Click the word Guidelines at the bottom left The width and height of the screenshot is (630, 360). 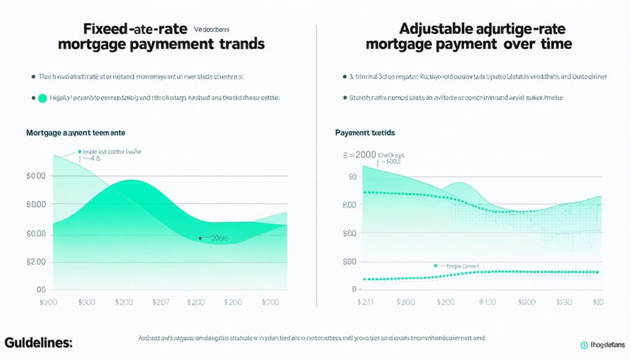(38, 343)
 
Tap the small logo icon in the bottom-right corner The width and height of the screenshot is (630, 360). (584, 345)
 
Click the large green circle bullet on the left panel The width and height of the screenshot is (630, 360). (41, 99)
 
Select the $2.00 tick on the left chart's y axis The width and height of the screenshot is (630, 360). (36, 261)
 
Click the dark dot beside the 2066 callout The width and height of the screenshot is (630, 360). (200, 238)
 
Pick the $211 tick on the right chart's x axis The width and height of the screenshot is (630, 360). (366, 302)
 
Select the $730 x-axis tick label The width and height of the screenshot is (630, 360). (563, 302)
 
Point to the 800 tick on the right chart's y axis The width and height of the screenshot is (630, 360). (349, 205)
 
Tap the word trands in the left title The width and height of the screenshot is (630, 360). (239, 44)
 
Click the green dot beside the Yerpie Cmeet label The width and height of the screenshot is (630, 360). (435, 266)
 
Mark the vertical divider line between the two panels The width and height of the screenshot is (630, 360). (317, 168)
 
